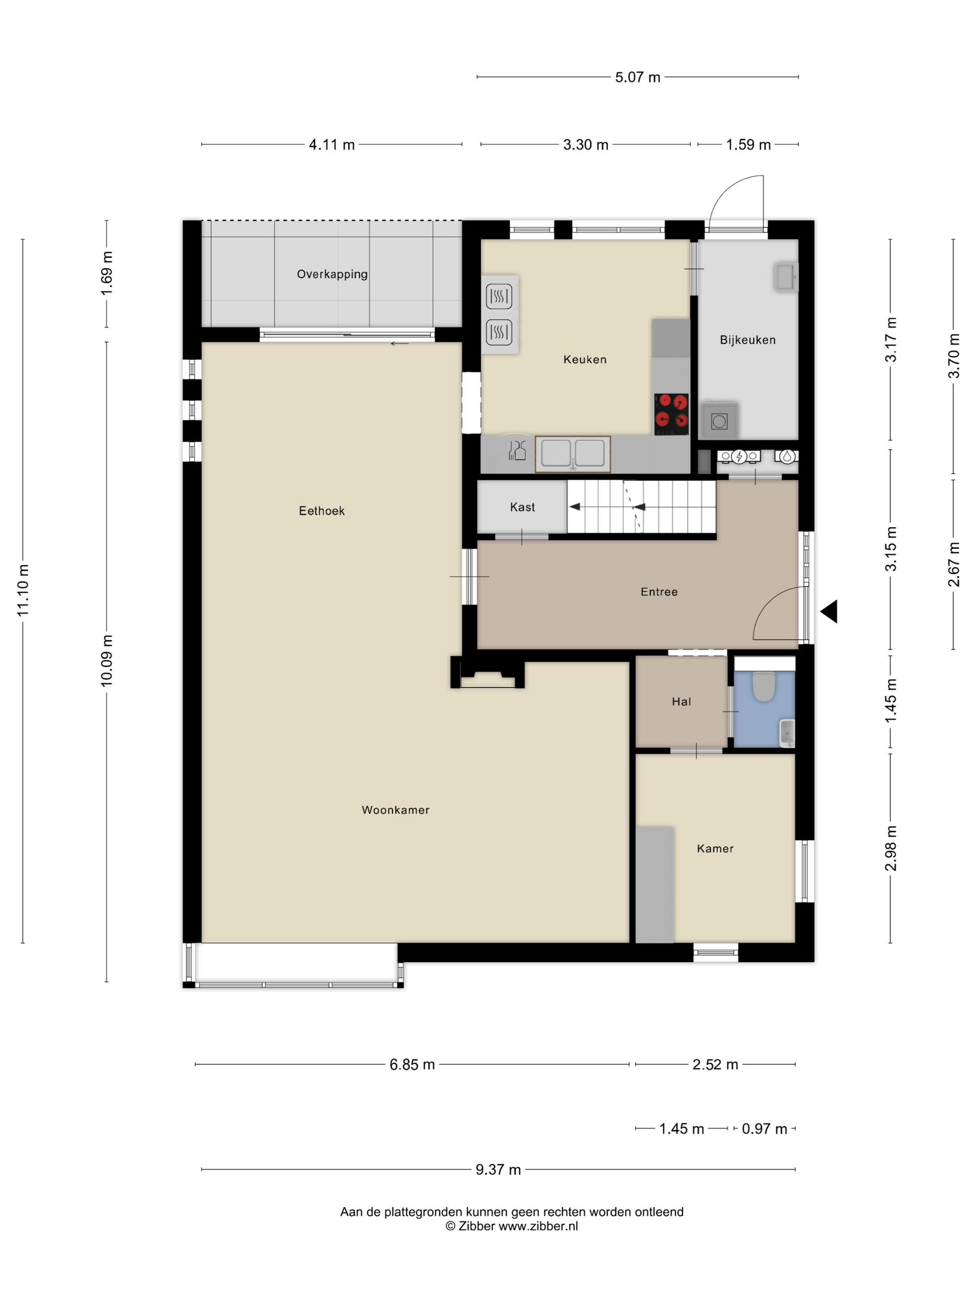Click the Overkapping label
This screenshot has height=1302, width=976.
[x=332, y=274]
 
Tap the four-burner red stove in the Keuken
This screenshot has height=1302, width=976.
[x=671, y=413]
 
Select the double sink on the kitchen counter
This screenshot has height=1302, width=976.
[x=573, y=454]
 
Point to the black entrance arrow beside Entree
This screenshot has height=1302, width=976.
[x=830, y=611]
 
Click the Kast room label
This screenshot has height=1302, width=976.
[x=522, y=507]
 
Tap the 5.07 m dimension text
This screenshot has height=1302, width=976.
[x=637, y=77]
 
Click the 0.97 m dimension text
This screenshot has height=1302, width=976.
[x=764, y=1129]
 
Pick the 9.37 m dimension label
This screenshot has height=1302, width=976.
[x=498, y=1169]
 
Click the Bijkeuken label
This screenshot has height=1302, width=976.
[x=747, y=339]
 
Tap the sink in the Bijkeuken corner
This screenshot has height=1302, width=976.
[x=785, y=277]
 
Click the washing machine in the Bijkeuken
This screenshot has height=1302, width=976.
[x=719, y=420]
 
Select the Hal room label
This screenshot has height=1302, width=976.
[x=681, y=701]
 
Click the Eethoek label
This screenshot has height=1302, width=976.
[x=321, y=510]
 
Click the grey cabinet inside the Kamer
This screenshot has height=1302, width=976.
[x=654, y=883]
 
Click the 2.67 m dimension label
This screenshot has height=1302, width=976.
[x=953, y=565]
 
